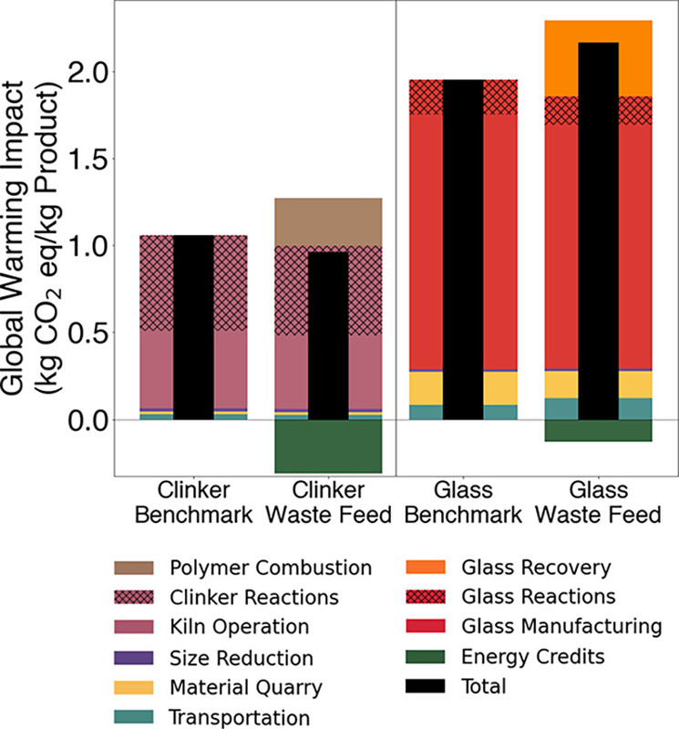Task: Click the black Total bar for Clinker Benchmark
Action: [x=193, y=328]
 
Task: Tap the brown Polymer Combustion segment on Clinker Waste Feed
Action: [x=328, y=221]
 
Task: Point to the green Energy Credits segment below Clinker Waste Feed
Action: [x=328, y=447]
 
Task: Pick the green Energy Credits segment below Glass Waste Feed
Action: [x=599, y=431]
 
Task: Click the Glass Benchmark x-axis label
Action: [x=464, y=502]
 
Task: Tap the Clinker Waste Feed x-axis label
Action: [x=328, y=502]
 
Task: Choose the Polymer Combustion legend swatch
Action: [x=136, y=568]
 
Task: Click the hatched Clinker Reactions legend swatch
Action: [x=136, y=597]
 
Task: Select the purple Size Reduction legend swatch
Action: [x=136, y=657]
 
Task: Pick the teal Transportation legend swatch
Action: [x=136, y=717]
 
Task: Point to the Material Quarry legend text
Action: [x=245, y=687]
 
